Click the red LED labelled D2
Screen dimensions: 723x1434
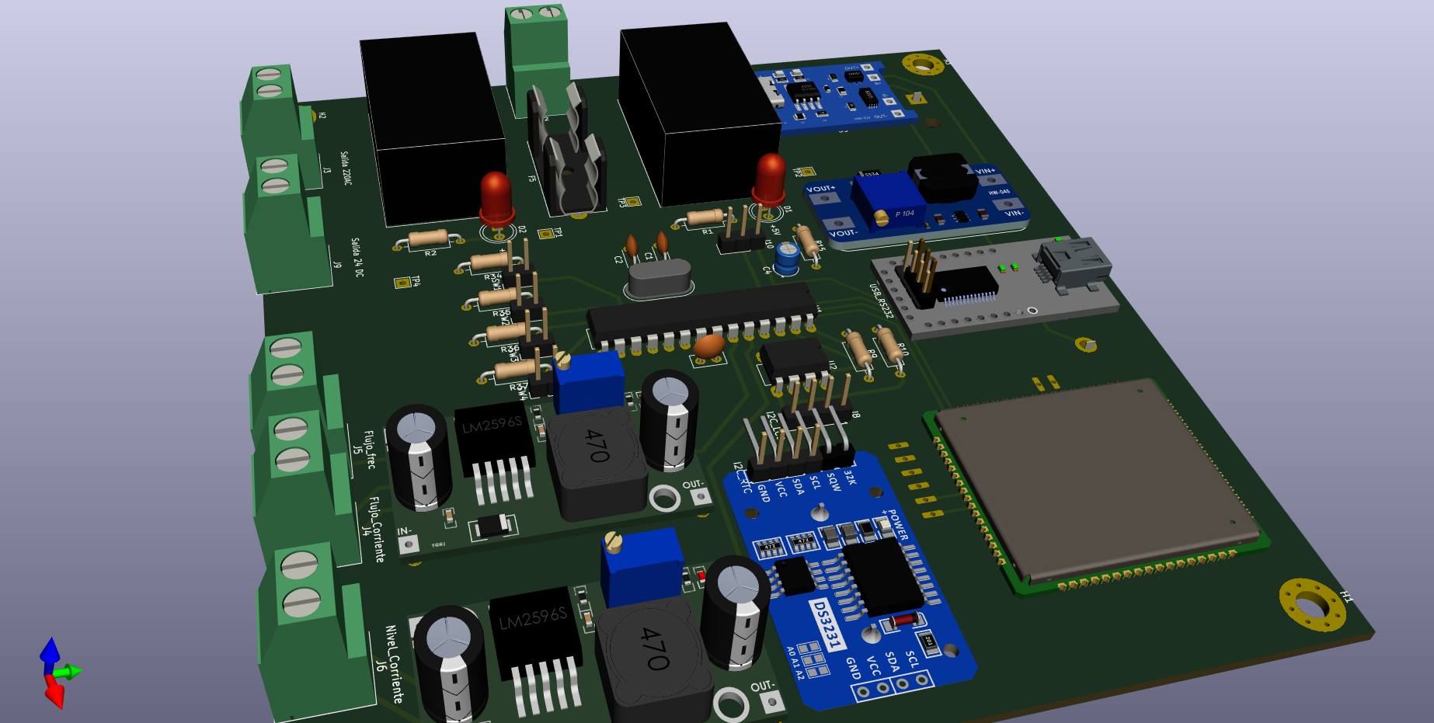(x=496, y=197)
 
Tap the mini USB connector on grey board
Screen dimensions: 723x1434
(x=1075, y=259)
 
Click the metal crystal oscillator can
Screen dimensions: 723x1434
(x=659, y=278)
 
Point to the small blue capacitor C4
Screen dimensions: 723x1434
(x=787, y=257)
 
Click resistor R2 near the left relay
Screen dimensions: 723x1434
(x=428, y=238)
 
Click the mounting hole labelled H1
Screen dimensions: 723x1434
(x=1312, y=604)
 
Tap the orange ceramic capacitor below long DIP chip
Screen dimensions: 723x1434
(x=709, y=346)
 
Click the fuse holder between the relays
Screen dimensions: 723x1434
(x=571, y=155)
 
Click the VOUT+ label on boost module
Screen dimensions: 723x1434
(x=820, y=189)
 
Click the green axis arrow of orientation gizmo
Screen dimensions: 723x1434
(x=72, y=672)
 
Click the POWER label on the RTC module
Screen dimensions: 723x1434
(x=896, y=525)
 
